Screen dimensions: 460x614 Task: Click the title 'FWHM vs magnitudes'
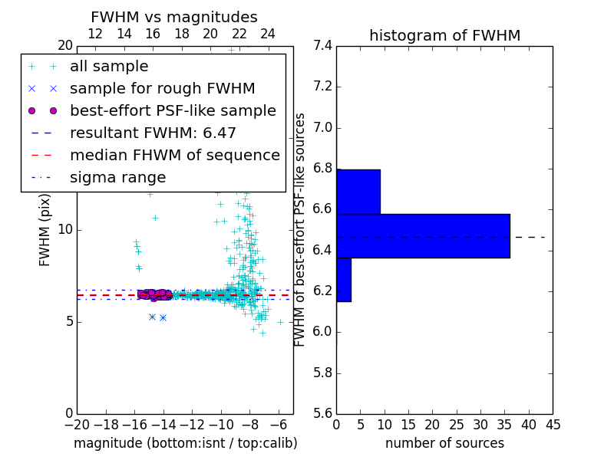pos(174,17)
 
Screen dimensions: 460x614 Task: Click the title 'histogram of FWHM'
pos(444,35)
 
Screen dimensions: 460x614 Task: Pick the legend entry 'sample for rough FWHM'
pos(162,89)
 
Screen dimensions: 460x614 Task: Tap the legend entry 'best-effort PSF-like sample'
pos(173,111)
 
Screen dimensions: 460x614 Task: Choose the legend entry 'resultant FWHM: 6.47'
pos(153,133)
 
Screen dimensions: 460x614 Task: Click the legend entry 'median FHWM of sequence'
pos(174,156)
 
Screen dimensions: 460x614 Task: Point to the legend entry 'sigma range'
pos(117,178)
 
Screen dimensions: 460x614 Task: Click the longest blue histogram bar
pos(423,235)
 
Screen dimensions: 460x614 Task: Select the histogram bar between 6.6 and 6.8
pos(358,192)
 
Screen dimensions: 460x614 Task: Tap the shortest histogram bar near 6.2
pos(344,280)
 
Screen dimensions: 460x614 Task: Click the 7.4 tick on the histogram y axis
pos(322,45)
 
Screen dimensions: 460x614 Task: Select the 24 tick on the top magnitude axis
pos(268,34)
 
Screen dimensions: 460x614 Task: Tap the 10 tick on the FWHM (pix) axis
pos(65,229)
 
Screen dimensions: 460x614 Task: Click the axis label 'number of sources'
pos(444,443)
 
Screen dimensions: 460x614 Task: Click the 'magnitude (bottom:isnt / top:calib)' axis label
pos(185,443)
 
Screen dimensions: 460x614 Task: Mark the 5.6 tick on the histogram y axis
pos(322,414)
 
